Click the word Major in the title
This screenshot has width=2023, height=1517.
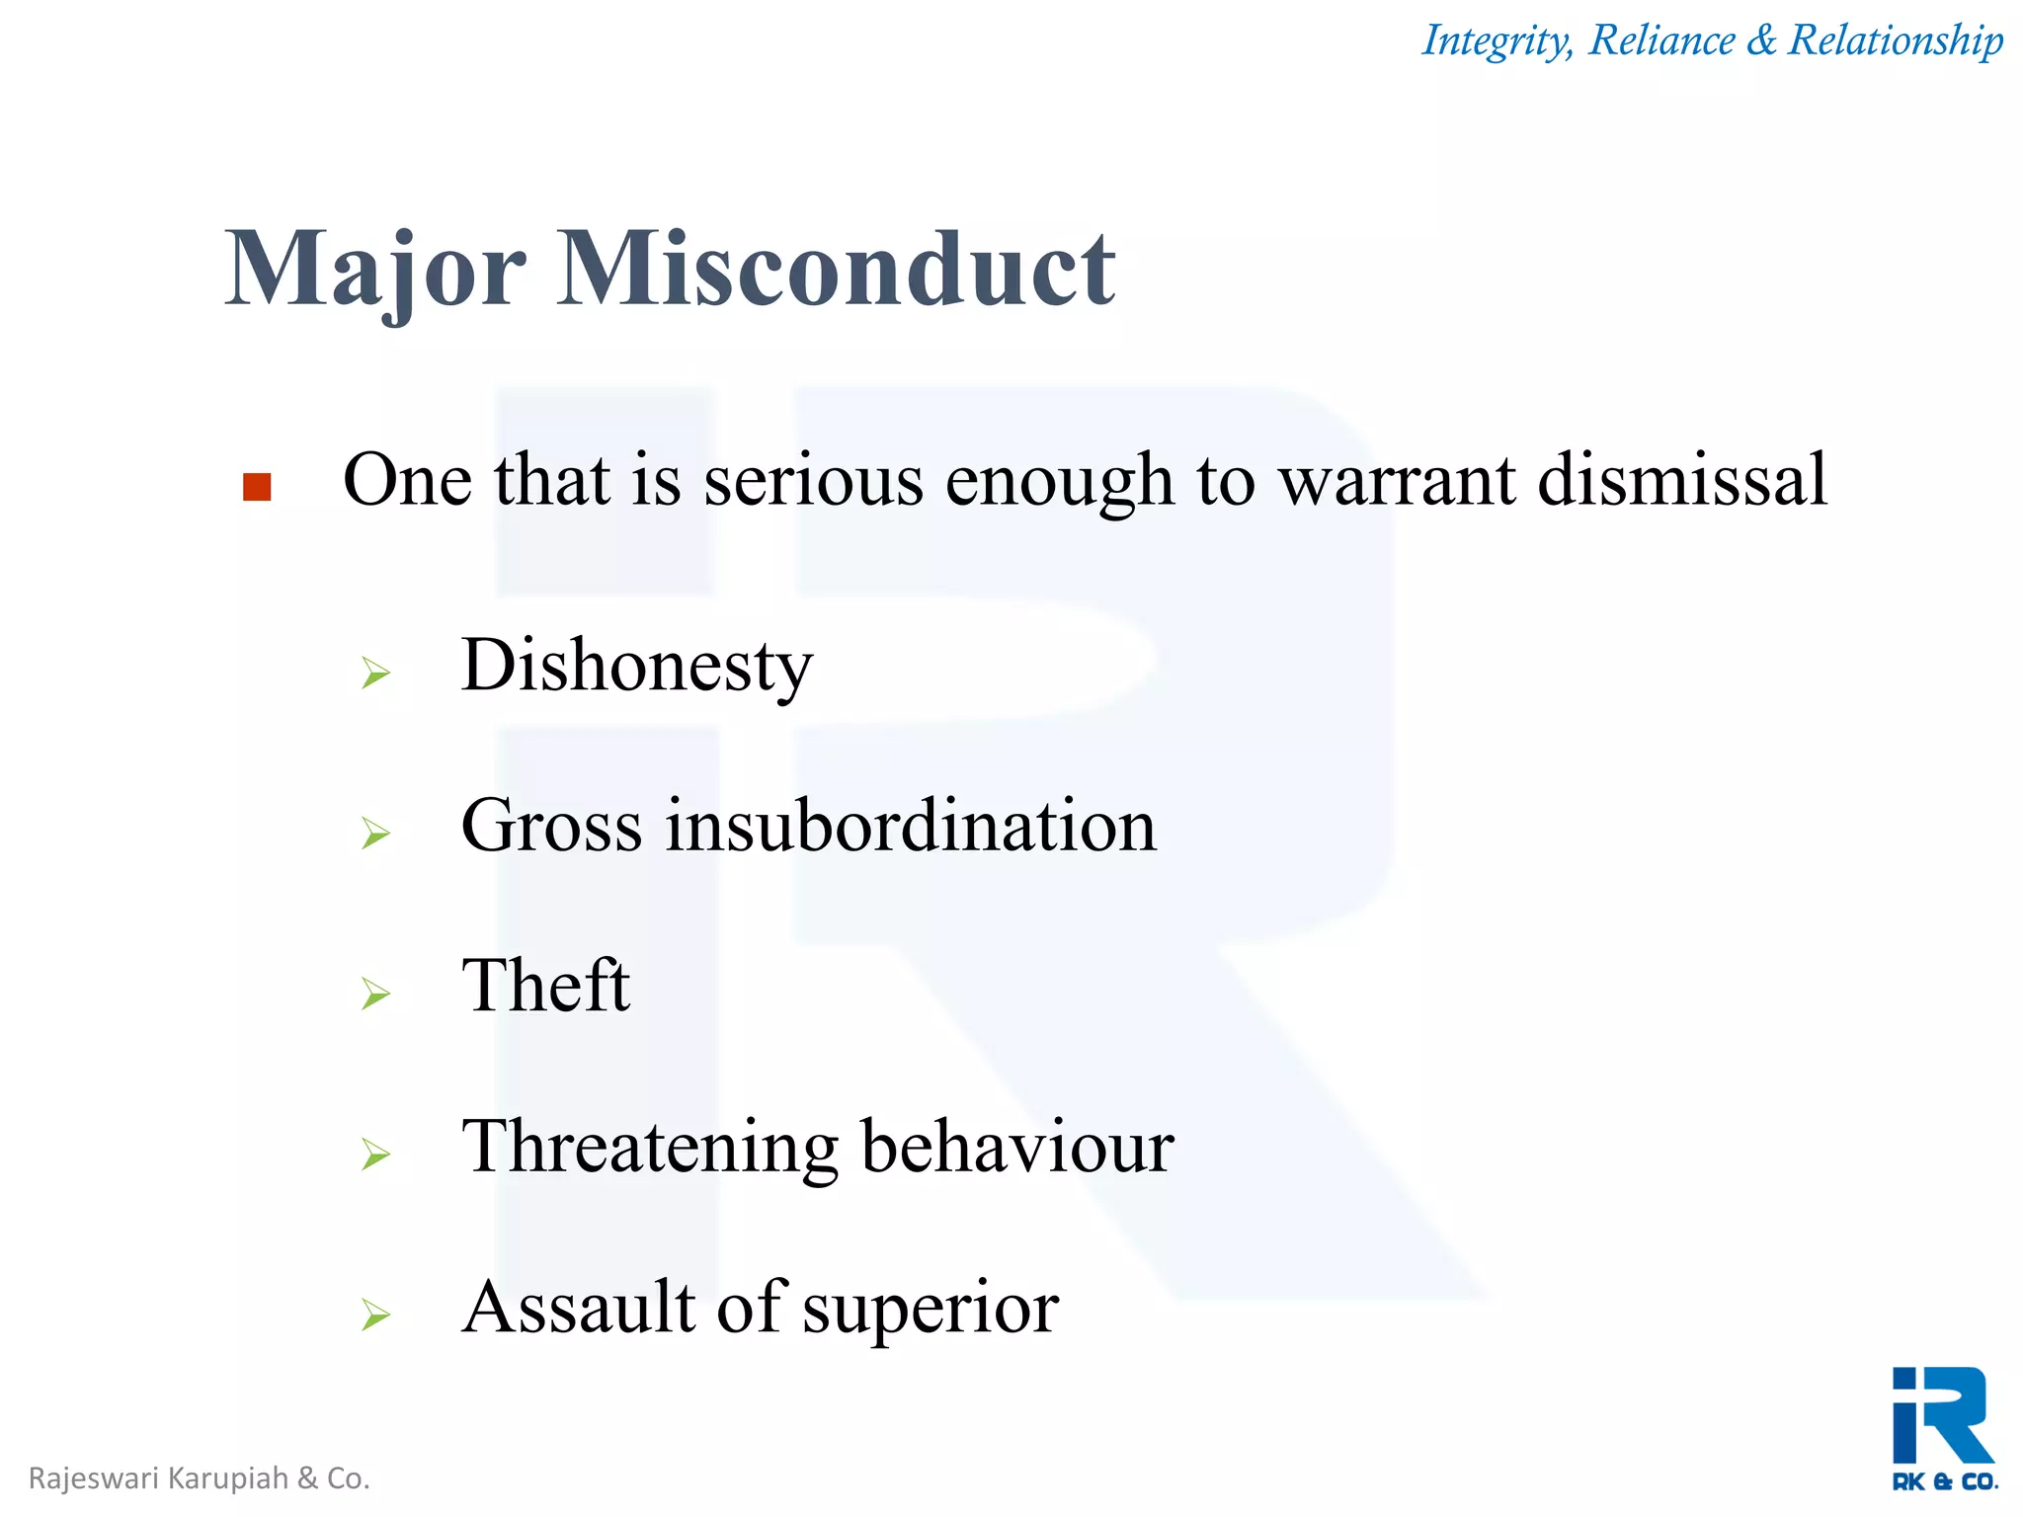(375, 271)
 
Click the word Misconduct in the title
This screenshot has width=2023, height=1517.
(836, 269)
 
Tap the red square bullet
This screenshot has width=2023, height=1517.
(257, 487)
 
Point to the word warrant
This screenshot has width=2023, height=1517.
(1397, 482)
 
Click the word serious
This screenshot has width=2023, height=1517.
(813, 482)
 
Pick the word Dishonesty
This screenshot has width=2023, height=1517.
(637, 667)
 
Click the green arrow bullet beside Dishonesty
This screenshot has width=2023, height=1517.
(375, 674)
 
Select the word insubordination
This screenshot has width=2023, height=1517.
(910, 826)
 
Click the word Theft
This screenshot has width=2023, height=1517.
(545, 986)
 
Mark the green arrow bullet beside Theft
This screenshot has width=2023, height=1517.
(375, 994)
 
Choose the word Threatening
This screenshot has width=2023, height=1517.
(650, 1149)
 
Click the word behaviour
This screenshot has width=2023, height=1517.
(1017, 1148)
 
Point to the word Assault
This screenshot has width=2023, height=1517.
(579, 1308)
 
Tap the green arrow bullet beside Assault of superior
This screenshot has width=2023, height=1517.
(375, 1315)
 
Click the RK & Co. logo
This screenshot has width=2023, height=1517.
(1943, 1428)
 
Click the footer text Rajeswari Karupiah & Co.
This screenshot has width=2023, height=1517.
(200, 1478)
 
